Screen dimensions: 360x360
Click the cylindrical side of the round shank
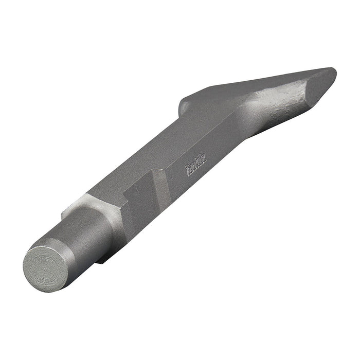coord(87,231)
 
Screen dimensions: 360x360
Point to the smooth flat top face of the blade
coord(257,85)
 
